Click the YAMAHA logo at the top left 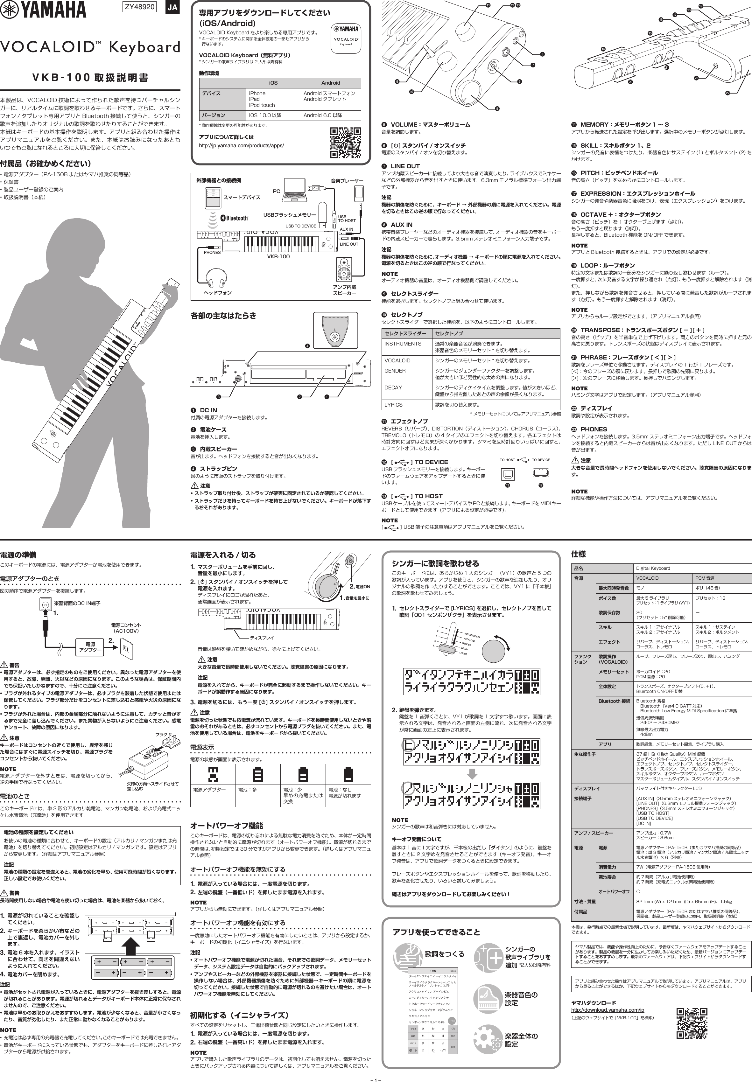pyautogui.click(x=43, y=10)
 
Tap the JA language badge pyautogui.click(x=172, y=8)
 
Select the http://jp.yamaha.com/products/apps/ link pyautogui.click(x=241, y=146)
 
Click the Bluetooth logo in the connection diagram pyautogui.click(x=235, y=218)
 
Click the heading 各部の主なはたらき pyautogui.click(x=223, y=316)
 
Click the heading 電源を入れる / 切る pyautogui.click(x=223, y=555)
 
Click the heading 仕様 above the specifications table pyautogui.click(x=578, y=554)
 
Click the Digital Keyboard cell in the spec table pyautogui.click(x=653, y=568)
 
